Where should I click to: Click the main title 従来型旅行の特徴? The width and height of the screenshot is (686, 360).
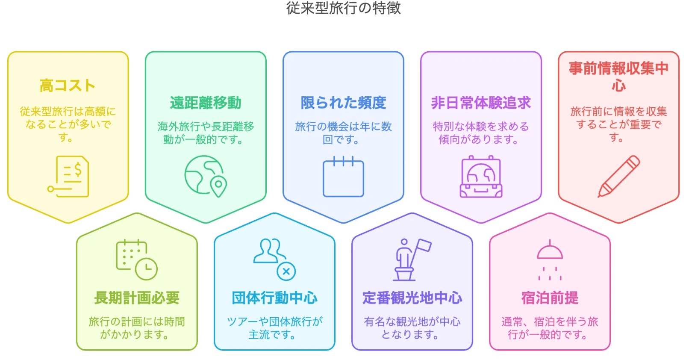click(343, 8)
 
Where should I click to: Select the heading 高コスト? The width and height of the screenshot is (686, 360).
click(68, 86)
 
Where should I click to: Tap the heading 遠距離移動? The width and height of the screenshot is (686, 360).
click(206, 103)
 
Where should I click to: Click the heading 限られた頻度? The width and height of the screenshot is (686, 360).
click(343, 103)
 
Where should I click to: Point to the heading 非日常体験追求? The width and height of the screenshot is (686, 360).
click(481, 103)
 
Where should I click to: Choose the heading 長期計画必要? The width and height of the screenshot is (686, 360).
click(137, 298)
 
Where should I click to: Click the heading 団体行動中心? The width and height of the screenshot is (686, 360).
click(274, 298)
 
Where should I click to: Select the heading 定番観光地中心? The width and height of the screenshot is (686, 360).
click(412, 298)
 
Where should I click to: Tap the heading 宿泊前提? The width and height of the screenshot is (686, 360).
click(550, 298)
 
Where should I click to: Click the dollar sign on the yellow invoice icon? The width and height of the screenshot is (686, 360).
click(78, 169)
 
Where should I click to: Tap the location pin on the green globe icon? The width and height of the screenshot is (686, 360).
click(218, 186)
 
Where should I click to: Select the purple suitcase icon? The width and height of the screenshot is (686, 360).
click(481, 177)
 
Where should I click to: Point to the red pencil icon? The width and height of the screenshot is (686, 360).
click(618, 177)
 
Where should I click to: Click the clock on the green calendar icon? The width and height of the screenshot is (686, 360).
click(146, 269)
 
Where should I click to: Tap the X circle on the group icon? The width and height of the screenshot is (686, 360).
click(286, 271)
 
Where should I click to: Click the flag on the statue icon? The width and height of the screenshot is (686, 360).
click(423, 245)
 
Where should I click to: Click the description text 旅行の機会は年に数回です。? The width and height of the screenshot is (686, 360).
click(343, 133)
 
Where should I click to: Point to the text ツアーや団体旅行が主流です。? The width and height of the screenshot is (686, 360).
click(274, 328)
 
